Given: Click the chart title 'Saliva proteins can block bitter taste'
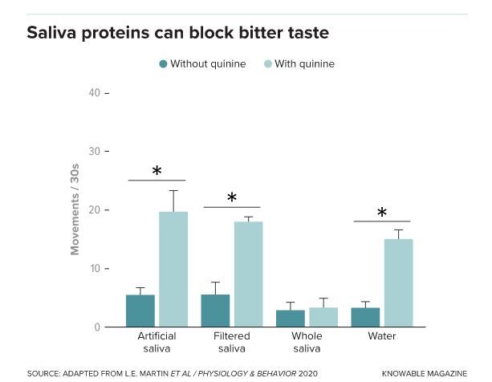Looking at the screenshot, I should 177,34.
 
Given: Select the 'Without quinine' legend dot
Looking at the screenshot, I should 164,64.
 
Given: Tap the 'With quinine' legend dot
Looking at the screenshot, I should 269,64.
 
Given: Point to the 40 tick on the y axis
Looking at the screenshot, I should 95,93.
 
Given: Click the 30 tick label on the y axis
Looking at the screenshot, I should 95,152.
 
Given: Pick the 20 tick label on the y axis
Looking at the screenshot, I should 95,210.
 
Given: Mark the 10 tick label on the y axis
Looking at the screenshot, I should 95,269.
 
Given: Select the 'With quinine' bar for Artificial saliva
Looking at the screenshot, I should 173,269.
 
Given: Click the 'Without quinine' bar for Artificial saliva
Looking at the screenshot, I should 140,311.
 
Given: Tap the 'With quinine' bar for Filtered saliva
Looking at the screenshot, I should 248,274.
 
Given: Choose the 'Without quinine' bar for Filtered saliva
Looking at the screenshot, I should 216,311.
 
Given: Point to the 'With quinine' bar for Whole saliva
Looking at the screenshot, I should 323,317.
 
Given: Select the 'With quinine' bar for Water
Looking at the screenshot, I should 398,282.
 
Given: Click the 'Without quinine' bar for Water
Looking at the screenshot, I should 366,317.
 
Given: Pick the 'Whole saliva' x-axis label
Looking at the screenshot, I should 307,342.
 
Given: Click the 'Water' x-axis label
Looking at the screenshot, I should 382,336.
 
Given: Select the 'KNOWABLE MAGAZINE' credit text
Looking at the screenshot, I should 424,373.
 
